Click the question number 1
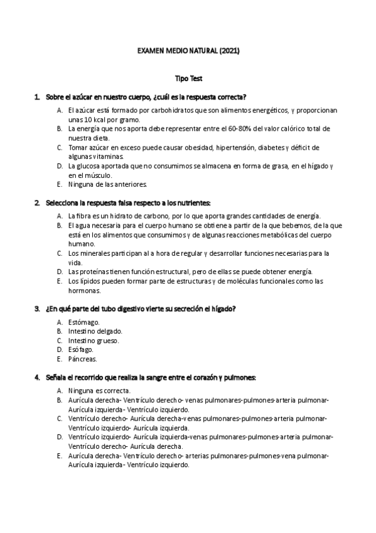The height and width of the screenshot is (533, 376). click(x=37, y=97)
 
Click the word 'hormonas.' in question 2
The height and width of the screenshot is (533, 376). click(x=84, y=290)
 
